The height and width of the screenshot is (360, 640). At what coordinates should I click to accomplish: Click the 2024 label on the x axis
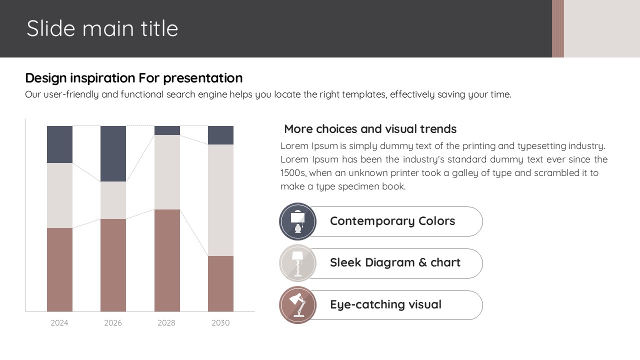[59, 323]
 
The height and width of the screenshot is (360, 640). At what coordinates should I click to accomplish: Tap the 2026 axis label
[113, 323]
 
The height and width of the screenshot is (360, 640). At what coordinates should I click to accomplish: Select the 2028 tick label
[166, 323]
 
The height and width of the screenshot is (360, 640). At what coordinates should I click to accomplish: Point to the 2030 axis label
[220, 323]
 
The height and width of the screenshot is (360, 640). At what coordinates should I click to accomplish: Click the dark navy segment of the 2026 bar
[113, 153]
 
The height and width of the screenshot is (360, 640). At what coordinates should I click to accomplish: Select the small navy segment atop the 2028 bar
[167, 130]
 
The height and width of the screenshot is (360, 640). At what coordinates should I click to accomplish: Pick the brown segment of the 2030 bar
[220, 283]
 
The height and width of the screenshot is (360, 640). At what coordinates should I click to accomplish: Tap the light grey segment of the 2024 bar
[59, 195]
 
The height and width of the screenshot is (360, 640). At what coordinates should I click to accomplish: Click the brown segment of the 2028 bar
[167, 260]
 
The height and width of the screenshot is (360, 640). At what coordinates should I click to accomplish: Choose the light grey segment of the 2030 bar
[220, 200]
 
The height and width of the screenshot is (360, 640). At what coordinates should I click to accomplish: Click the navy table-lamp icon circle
[297, 221]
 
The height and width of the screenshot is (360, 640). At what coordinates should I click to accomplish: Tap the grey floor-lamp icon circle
[297, 263]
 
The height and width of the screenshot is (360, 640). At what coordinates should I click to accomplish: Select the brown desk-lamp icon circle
[297, 305]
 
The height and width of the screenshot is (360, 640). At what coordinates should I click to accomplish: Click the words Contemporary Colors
[392, 221]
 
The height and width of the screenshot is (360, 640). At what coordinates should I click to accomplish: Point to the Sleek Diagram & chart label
[395, 262]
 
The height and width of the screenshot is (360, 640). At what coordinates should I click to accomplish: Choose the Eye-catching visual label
[385, 305]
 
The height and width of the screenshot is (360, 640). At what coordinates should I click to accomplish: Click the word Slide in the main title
[51, 28]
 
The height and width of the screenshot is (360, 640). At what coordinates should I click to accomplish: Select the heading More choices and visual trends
[370, 129]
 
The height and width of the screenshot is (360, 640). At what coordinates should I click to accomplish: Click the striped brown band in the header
[557, 28]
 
